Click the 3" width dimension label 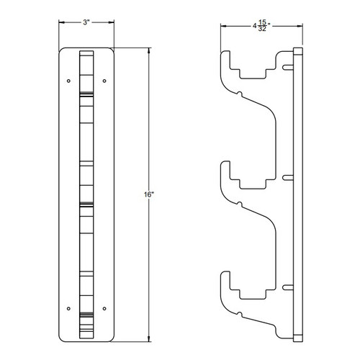(x=86, y=24)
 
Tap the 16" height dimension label (x=147, y=194)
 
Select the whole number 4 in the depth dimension (x=255, y=26)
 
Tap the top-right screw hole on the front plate (x=105, y=79)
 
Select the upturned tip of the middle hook (x=225, y=168)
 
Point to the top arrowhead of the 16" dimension (x=149, y=50)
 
